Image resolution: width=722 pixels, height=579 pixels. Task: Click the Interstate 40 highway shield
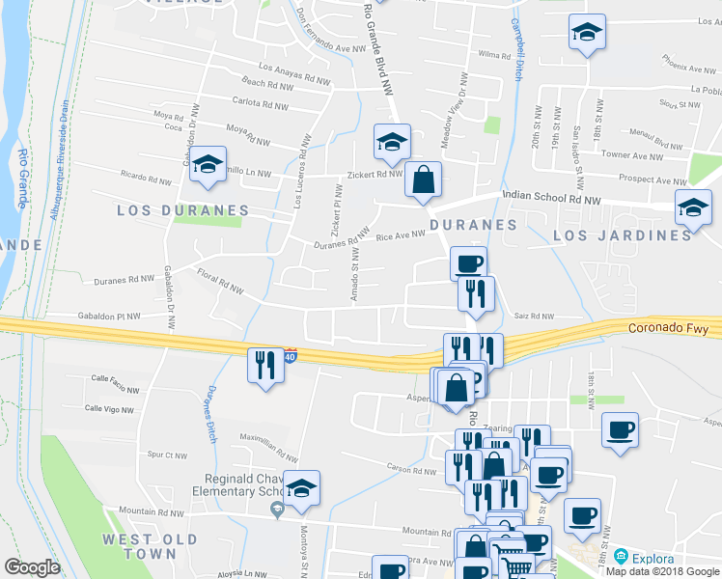point(290,356)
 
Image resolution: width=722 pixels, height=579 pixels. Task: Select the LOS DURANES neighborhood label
point(182,209)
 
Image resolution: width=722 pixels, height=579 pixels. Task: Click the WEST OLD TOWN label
point(151,546)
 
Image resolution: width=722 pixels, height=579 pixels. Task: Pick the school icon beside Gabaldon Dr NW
point(208,165)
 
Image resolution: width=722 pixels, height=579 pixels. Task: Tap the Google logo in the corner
point(32,567)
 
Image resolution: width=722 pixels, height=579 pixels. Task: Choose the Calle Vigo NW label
point(109,409)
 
